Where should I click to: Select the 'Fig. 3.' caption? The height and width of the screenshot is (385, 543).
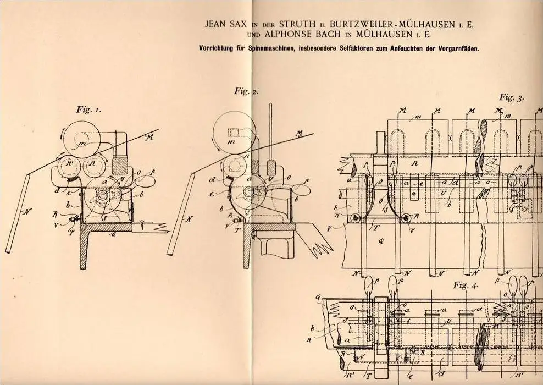(x=512, y=98)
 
